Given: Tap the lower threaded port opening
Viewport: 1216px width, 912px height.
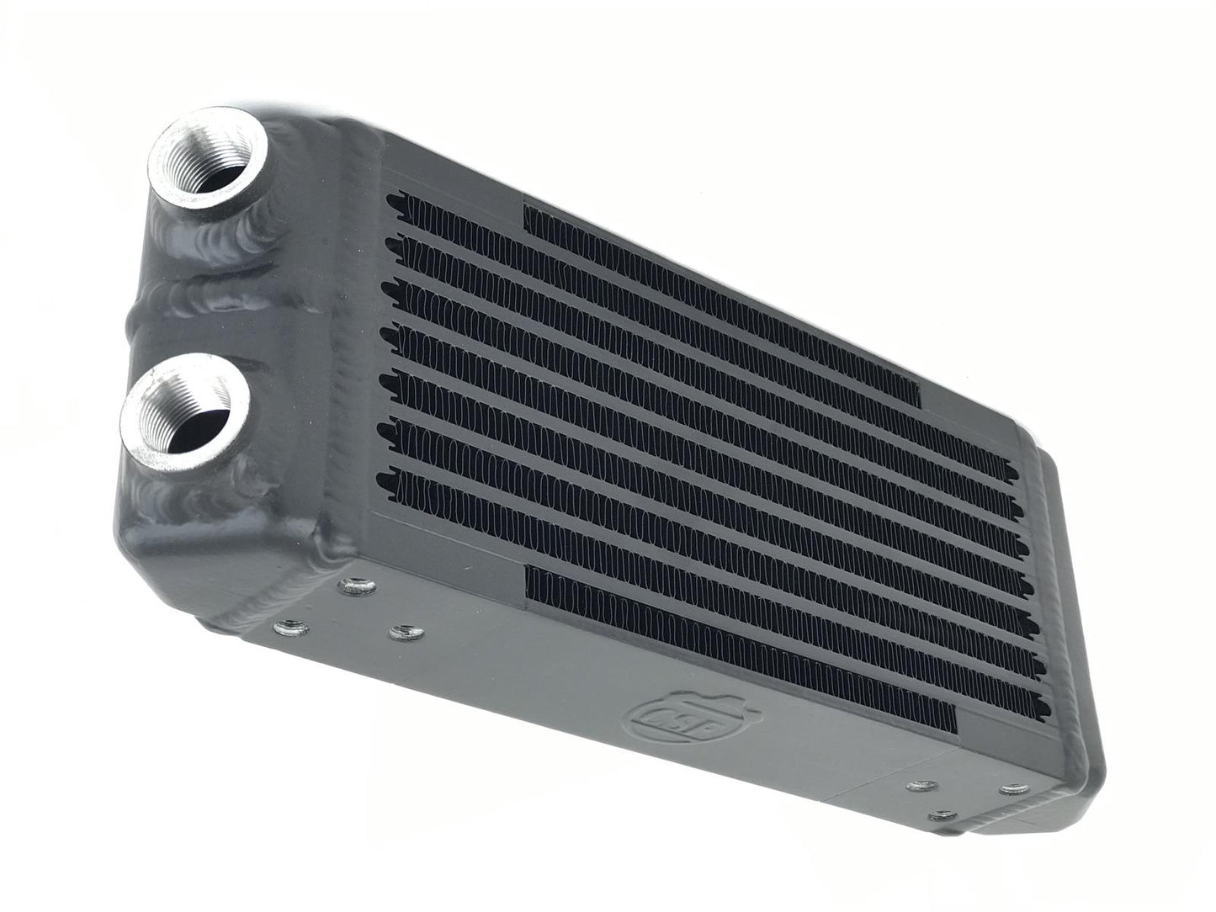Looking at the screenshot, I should (185, 411).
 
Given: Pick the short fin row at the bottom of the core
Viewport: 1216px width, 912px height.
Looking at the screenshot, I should (741, 648).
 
